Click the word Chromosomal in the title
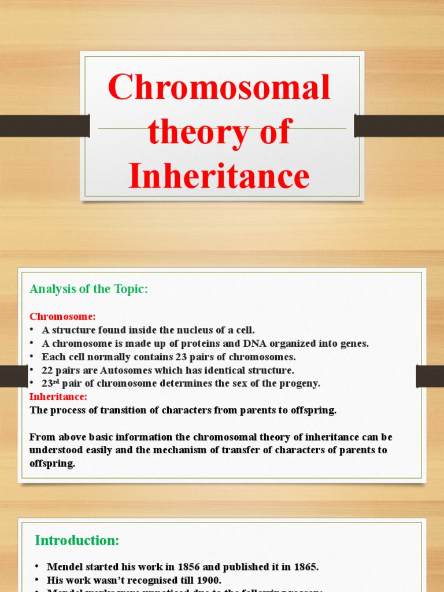(x=219, y=88)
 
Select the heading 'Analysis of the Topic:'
(x=89, y=289)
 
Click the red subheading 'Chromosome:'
(x=62, y=317)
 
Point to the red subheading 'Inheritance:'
(x=58, y=397)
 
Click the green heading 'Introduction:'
(x=77, y=541)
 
